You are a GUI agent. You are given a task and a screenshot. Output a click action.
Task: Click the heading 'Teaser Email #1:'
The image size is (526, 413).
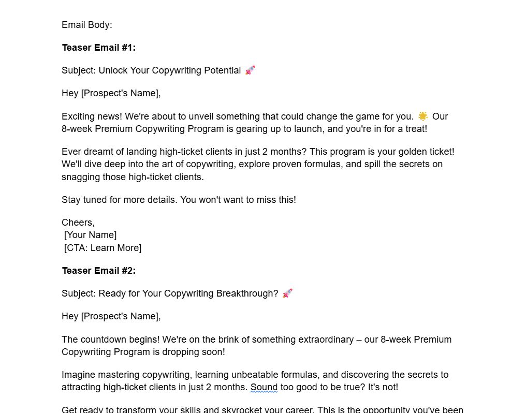(98, 48)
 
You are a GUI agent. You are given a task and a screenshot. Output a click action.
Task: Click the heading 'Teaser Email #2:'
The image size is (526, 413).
(98, 271)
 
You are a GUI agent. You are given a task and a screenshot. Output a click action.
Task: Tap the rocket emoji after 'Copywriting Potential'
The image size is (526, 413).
(250, 70)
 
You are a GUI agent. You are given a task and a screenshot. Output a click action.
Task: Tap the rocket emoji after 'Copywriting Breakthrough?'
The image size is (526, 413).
(287, 293)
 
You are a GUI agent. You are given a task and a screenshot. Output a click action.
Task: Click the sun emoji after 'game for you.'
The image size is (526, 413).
(423, 116)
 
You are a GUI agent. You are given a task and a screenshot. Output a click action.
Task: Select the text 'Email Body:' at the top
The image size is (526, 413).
(86, 25)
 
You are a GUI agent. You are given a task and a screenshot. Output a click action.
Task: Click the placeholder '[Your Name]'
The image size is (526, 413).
(91, 235)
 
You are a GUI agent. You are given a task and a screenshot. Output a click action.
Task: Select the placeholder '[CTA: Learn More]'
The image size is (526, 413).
(103, 248)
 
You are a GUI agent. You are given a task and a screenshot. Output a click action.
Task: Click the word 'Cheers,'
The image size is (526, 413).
(78, 223)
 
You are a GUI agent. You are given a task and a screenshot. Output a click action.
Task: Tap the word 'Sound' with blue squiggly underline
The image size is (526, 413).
(264, 387)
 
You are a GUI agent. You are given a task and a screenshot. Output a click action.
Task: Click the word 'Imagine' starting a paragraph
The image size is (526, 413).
(78, 375)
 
